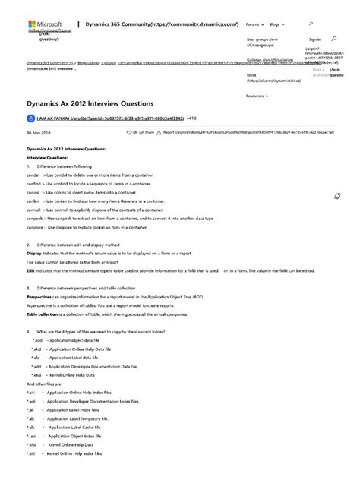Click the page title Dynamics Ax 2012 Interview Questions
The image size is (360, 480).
point(90,103)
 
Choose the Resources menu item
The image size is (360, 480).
point(256,96)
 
